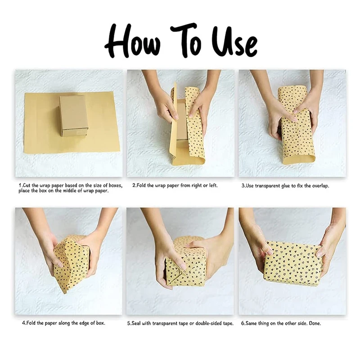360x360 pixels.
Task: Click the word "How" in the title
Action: pyautogui.click(x=133, y=42)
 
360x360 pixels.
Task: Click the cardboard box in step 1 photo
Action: pyautogui.click(x=73, y=116)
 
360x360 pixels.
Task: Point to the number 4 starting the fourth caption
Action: pyautogui.click(x=23, y=323)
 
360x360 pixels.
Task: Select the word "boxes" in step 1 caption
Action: pyautogui.click(x=116, y=185)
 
